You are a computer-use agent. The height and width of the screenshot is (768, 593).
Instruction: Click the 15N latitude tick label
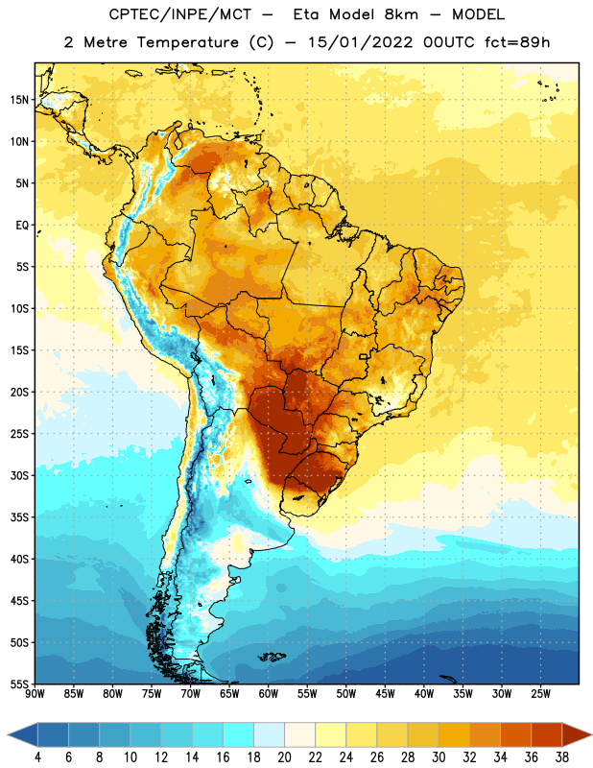[19, 100]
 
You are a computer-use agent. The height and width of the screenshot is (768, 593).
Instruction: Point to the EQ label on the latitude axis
[22, 226]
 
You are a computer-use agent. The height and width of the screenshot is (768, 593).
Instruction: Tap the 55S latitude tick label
[19, 684]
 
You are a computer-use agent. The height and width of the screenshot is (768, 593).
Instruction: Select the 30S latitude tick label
[19, 475]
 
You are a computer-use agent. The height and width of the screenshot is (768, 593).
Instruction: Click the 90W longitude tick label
[35, 694]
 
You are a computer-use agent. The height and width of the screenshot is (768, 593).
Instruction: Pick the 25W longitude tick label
[540, 694]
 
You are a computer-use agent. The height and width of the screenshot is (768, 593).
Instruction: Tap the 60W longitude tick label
[269, 694]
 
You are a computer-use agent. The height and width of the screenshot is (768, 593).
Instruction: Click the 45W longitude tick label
[385, 694]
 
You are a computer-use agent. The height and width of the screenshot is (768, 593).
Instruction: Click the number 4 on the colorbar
[37, 757]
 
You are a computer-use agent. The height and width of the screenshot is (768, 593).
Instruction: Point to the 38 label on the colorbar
[562, 757]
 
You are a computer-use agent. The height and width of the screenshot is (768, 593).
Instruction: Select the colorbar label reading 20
[284, 757]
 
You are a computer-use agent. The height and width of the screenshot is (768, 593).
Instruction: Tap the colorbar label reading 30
[439, 757]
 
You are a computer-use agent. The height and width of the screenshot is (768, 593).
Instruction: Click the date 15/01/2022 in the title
[360, 42]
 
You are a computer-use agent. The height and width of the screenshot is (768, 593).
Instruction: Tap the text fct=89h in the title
[517, 42]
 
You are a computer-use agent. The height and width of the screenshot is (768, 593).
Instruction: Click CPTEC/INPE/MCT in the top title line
[180, 14]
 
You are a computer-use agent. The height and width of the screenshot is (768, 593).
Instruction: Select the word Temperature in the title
[187, 42]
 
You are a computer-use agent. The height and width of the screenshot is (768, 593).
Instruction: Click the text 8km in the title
[401, 14]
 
